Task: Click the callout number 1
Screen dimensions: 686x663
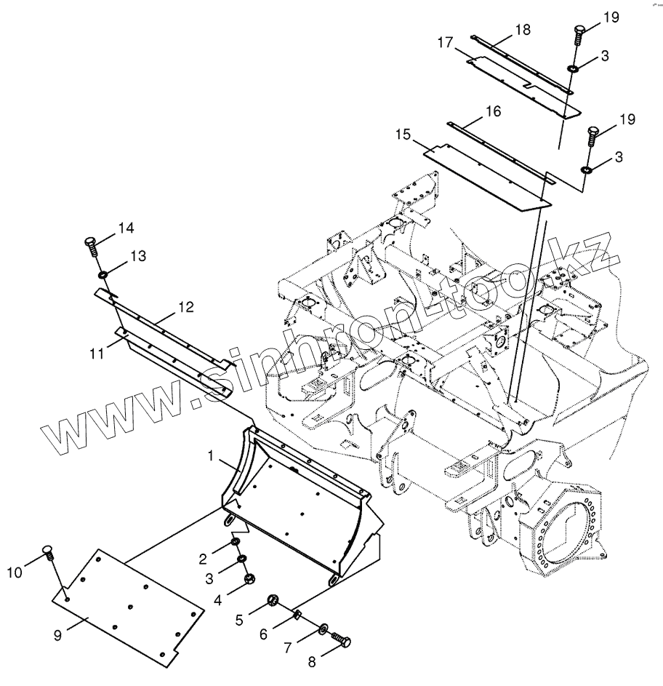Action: click(x=212, y=456)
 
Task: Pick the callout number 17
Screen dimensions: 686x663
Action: click(x=445, y=44)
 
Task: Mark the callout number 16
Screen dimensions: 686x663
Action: click(x=493, y=111)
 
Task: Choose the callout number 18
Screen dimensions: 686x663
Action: click(x=523, y=30)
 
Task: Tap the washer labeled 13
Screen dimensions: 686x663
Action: click(x=105, y=274)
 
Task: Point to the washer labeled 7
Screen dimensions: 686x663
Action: click(x=323, y=628)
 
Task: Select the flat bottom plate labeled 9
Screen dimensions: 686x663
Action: click(x=127, y=607)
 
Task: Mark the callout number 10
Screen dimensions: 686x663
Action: click(x=14, y=573)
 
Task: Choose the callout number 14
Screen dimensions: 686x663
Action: click(x=126, y=229)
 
